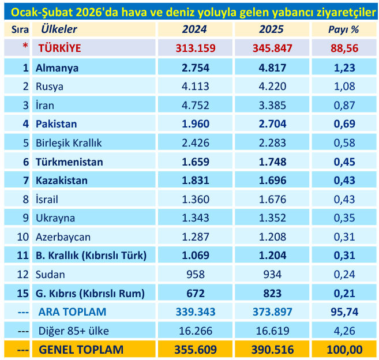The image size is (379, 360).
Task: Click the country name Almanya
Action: coord(57,67)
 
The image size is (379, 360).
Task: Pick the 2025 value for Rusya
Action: coord(272,87)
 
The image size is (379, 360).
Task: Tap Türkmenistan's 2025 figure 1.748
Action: coord(272,162)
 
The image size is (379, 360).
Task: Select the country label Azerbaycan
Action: coord(63,237)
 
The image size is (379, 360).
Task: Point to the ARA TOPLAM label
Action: coord(72,312)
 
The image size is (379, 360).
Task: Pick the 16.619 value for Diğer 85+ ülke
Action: coord(272,331)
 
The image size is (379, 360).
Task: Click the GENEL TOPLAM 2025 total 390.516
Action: coord(272,350)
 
